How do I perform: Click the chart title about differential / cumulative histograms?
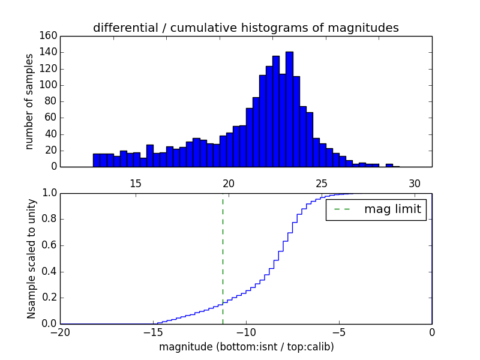(245, 28)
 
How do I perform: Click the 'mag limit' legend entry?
(376, 209)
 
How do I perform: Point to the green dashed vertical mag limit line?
(223, 258)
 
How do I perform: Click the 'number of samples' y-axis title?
(29, 101)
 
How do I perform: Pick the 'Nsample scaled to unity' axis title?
(31, 258)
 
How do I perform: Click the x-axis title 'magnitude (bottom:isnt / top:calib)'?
(246, 347)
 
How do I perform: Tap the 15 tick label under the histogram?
(135, 183)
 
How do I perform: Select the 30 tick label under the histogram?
(414, 183)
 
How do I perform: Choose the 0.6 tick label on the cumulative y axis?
(47, 245)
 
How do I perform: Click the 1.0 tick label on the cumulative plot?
(47, 193)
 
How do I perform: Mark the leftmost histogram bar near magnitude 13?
(97, 160)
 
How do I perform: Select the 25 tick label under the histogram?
(321, 183)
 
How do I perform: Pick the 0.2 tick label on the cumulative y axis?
(47, 298)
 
